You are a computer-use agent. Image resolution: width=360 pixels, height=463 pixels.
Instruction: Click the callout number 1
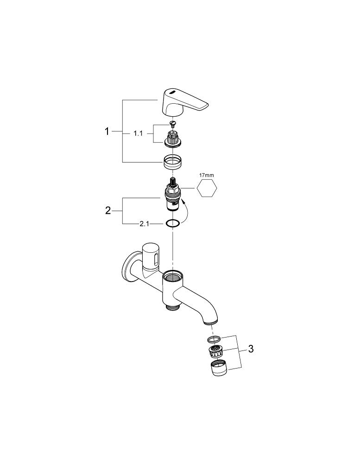(x=107, y=131)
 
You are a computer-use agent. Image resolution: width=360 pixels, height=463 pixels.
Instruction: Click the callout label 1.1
(x=138, y=133)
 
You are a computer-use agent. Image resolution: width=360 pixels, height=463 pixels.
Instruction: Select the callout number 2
(x=108, y=211)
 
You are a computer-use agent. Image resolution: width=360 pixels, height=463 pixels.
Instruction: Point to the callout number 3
(x=251, y=349)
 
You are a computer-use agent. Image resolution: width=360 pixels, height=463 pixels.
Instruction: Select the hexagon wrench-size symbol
(x=207, y=189)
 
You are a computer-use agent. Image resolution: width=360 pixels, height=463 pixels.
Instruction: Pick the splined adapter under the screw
(x=173, y=138)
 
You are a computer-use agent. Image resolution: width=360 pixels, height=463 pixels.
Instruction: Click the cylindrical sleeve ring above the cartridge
(x=173, y=162)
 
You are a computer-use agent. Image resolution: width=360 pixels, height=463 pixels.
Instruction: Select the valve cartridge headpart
(x=173, y=196)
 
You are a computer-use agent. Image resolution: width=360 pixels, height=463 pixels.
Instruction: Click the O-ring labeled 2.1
(x=173, y=224)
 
